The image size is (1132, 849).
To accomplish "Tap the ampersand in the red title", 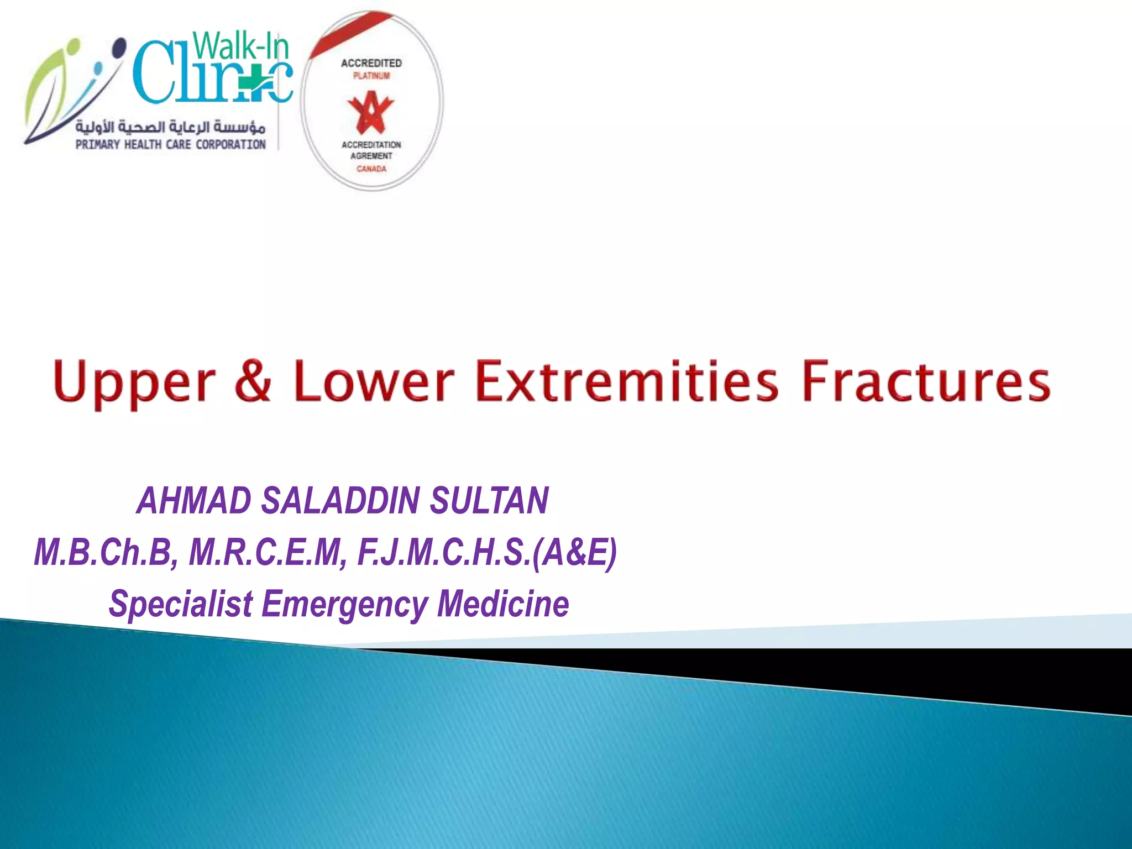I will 253,380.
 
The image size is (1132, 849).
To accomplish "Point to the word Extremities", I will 627,380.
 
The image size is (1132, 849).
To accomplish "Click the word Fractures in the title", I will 926,380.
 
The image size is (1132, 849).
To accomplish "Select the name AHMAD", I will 193,501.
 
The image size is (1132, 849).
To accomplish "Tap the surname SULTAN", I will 489,501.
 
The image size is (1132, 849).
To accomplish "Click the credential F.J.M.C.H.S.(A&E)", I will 487,552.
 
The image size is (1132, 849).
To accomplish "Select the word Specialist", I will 181,603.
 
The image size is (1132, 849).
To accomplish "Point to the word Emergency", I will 345,603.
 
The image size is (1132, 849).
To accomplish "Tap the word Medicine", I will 503,603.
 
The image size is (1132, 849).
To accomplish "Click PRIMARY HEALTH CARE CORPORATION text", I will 171,145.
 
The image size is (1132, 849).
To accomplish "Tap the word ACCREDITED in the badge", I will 371,64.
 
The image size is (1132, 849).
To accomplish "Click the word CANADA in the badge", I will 371,169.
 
